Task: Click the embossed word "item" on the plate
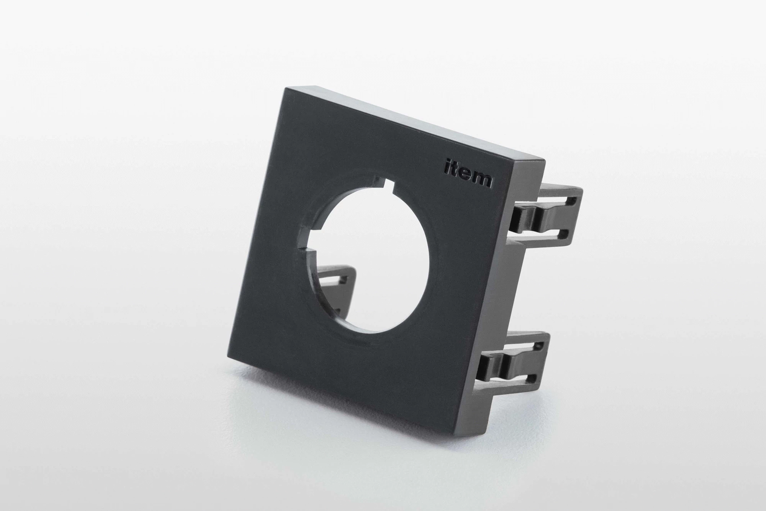coord(468,174)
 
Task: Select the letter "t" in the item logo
coord(453,171)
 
